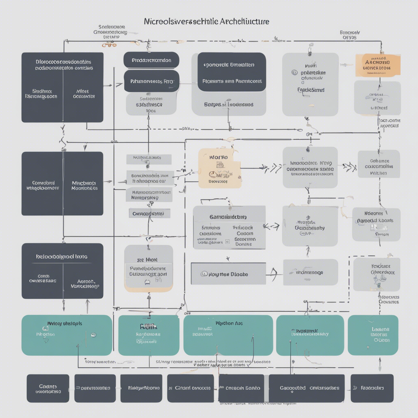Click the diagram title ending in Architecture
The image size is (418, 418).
207,21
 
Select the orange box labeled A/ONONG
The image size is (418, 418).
378,65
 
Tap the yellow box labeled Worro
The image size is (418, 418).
219,168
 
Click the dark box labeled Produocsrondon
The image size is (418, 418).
151,60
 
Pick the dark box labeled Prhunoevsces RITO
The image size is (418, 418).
151,81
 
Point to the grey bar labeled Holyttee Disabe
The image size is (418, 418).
228,274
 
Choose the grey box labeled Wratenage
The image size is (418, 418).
310,272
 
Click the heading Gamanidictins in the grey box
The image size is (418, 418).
229,218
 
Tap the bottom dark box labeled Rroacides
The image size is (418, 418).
371,388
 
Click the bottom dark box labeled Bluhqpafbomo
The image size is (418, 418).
144,388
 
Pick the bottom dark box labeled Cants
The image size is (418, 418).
48,388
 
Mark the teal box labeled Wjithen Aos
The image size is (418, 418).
228,335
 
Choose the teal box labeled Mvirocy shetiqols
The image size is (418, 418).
67,335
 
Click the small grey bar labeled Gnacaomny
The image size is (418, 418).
149,213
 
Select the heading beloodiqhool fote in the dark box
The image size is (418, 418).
62,257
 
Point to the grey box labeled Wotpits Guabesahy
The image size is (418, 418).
310,226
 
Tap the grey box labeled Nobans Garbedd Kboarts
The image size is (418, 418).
376,224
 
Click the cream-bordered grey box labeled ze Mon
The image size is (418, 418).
149,268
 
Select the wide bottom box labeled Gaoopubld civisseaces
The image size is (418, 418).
306,388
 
